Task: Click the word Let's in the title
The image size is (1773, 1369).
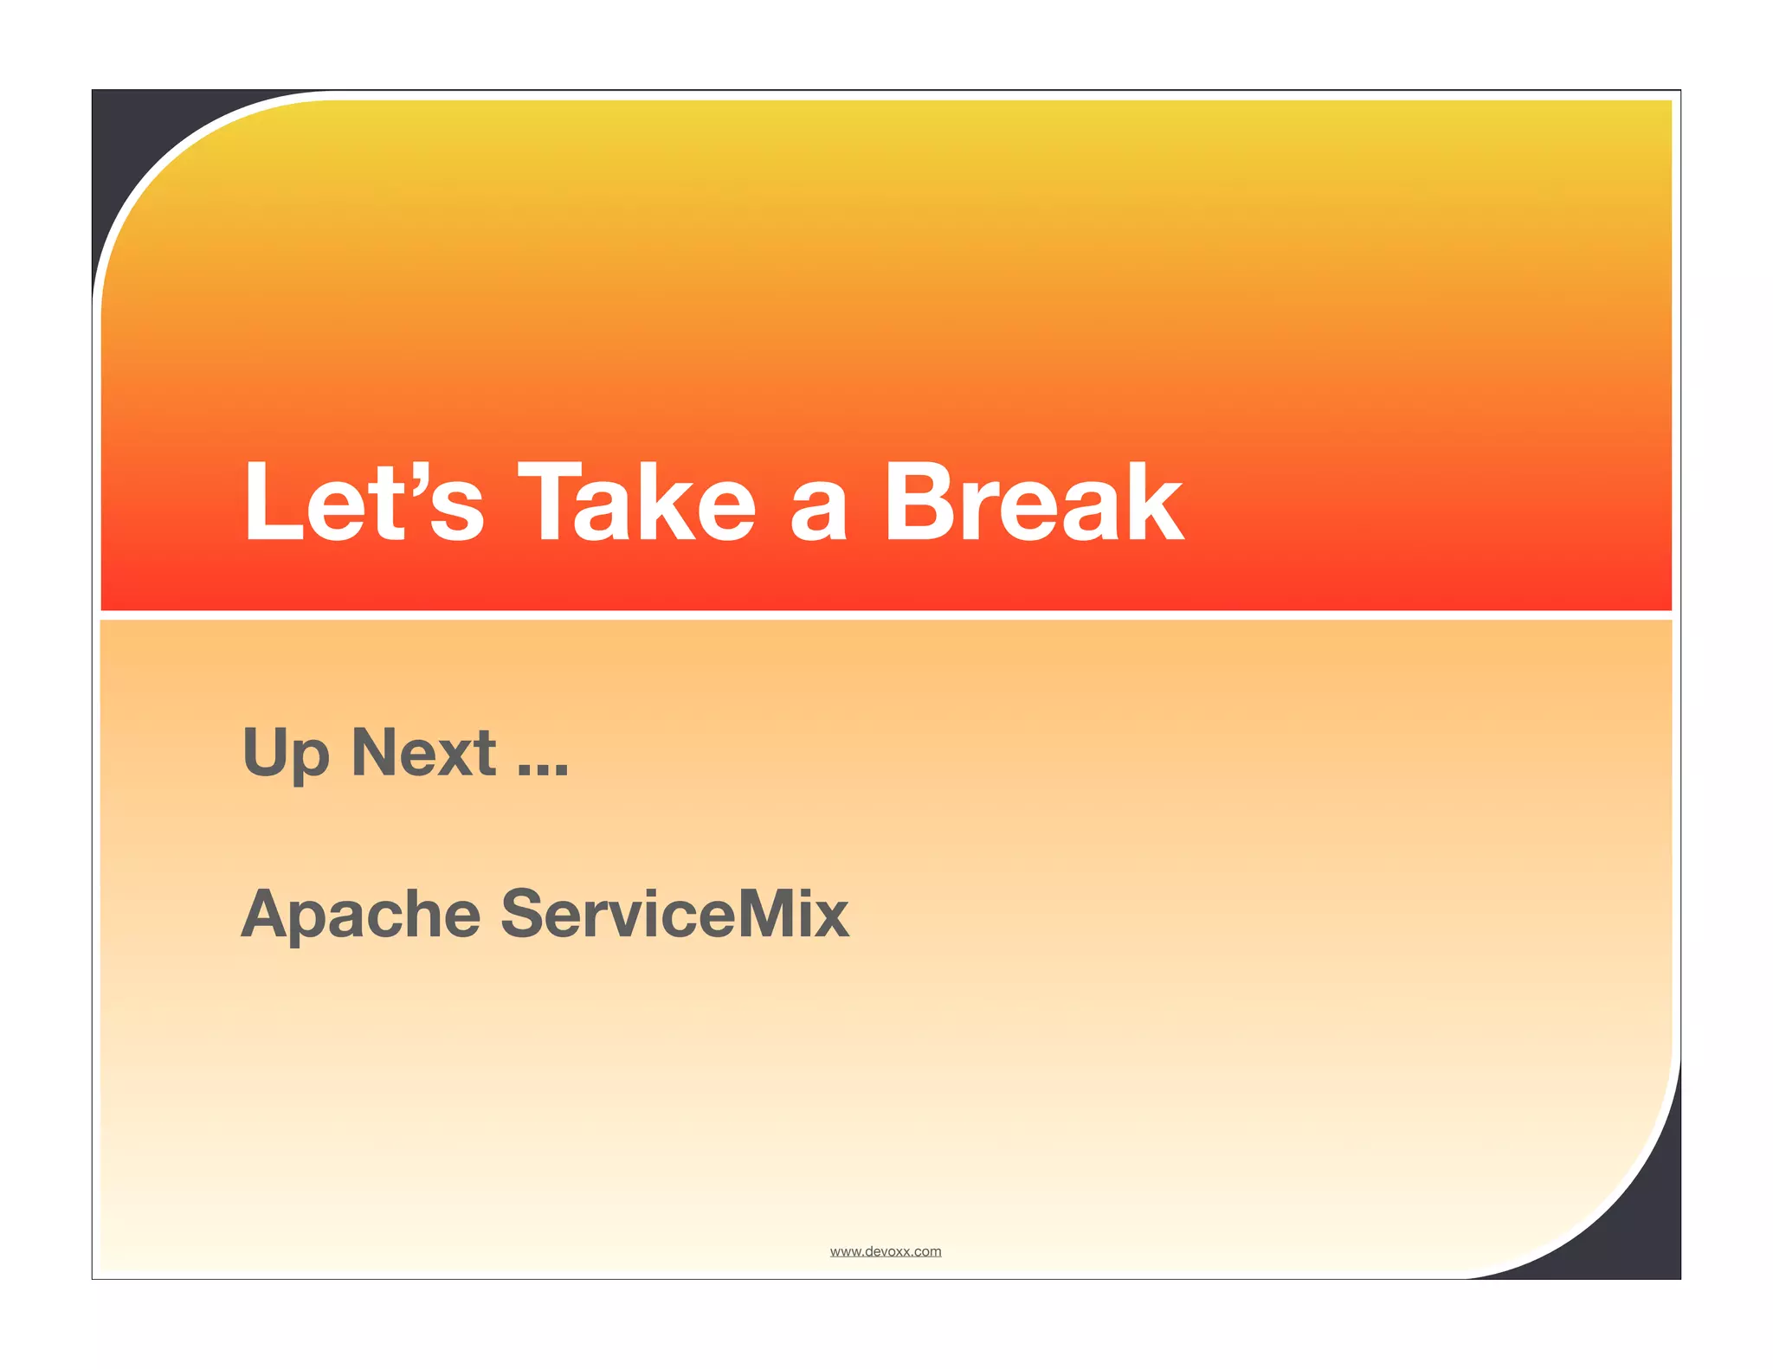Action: pyautogui.click(x=364, y=502)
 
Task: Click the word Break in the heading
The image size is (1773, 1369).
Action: pyautogui.click(x=1034, y=502)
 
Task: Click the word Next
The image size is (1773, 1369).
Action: pyautogui.click(x=423, y=752)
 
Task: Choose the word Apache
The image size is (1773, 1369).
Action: pyautogui.click(x=360, y=916)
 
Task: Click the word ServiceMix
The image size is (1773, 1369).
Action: pyautogui.click(x=675, y=914)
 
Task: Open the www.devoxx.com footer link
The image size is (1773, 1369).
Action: pyautogui.click(x=885, y=1251)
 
